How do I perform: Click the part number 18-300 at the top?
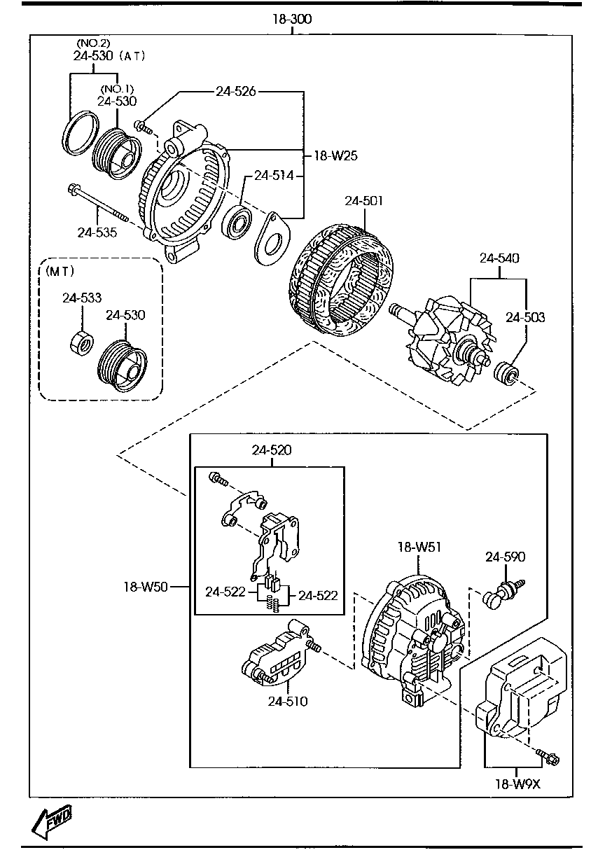click(292, 19)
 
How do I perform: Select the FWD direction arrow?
click(52, 822)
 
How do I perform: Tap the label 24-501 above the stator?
click(363, 202)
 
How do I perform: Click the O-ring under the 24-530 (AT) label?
click(80, 131)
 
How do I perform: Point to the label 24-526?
click(235, 91)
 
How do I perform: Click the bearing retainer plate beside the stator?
click(270, 239)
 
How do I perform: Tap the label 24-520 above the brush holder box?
click(272, 450)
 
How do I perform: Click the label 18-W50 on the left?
click(146, 587)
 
